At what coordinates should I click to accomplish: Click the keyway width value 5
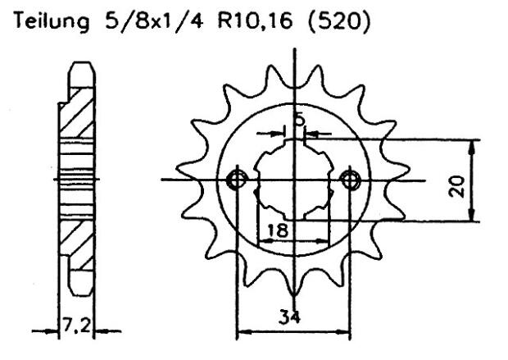300,121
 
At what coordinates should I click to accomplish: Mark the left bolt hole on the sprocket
238,180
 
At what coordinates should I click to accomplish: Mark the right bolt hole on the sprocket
352,180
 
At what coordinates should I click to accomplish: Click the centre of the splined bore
295,180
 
